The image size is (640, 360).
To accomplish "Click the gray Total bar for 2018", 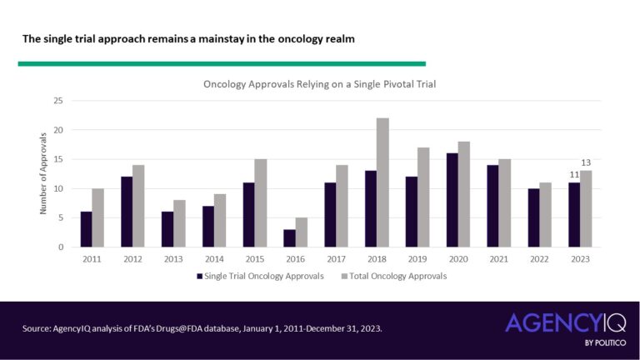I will (x=382, y=182).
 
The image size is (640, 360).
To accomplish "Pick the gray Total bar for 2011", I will (x=98, y=217).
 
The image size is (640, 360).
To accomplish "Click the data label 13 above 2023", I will (x=586, y=162).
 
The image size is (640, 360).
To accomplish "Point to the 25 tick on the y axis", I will (x=57, y=101).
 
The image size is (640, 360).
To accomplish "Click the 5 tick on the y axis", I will (x=60, y=217).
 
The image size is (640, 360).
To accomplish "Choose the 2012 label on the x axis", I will (x=132, y=258).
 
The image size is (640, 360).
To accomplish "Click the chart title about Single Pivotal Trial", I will (x=320, y=84).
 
